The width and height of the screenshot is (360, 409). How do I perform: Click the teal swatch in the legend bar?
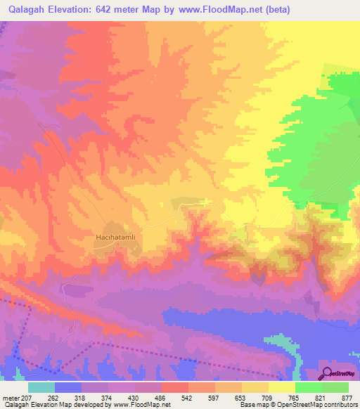coord(41,388)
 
